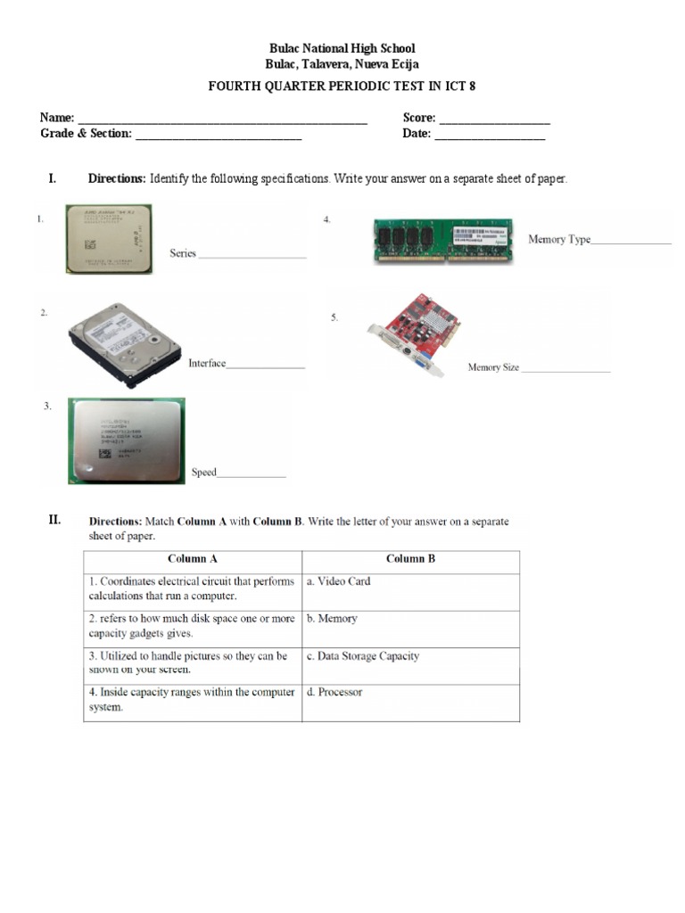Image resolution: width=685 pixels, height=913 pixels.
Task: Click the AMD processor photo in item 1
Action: click(108, 238)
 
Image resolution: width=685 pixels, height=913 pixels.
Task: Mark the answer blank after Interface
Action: click(266, 367)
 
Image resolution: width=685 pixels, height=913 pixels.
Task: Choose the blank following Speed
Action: click(252, 476)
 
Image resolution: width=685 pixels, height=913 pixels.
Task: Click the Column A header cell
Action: click(193, 559)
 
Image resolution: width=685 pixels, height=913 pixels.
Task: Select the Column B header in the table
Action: click(410, 559)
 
